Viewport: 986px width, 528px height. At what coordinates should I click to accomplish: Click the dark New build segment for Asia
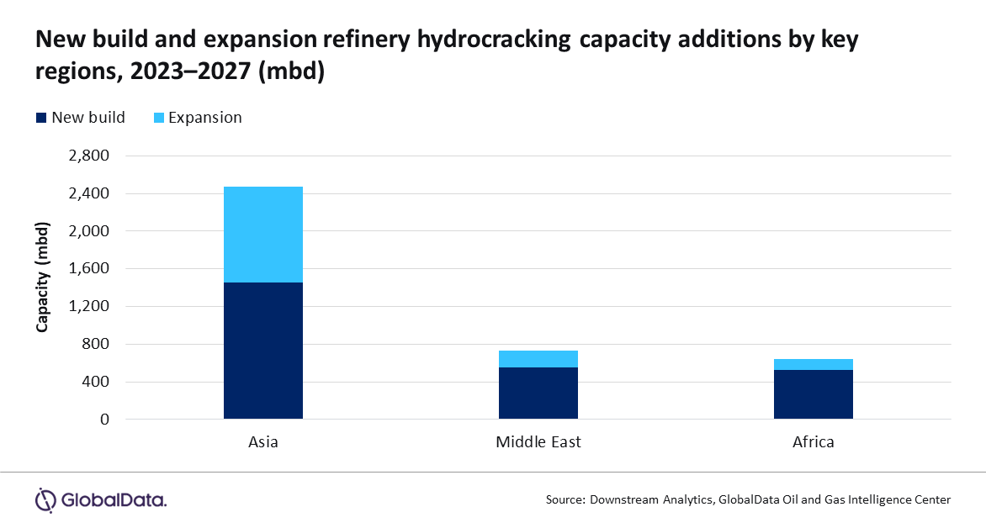point(262,350)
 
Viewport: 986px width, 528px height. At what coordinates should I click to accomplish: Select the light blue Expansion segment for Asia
point(262,235)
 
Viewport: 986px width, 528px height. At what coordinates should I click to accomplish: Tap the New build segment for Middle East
point(538,393)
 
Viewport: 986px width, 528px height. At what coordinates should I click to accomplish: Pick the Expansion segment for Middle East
point(538,359)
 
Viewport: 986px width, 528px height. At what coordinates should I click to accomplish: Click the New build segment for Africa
point(813,393)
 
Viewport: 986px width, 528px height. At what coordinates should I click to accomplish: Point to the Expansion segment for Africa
point(813,364)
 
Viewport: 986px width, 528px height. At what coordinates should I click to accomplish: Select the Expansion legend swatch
point(157,118)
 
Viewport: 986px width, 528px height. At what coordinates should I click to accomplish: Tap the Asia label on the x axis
point(262,441)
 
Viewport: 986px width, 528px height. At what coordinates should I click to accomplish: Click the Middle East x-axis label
point(538,441)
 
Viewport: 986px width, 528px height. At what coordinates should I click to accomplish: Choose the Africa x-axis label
point(813,441)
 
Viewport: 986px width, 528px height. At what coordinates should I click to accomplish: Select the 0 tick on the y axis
point(105,420)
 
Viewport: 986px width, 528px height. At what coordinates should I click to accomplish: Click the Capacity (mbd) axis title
point(42,277)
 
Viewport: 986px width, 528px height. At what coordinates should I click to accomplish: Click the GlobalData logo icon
point(45,499)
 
